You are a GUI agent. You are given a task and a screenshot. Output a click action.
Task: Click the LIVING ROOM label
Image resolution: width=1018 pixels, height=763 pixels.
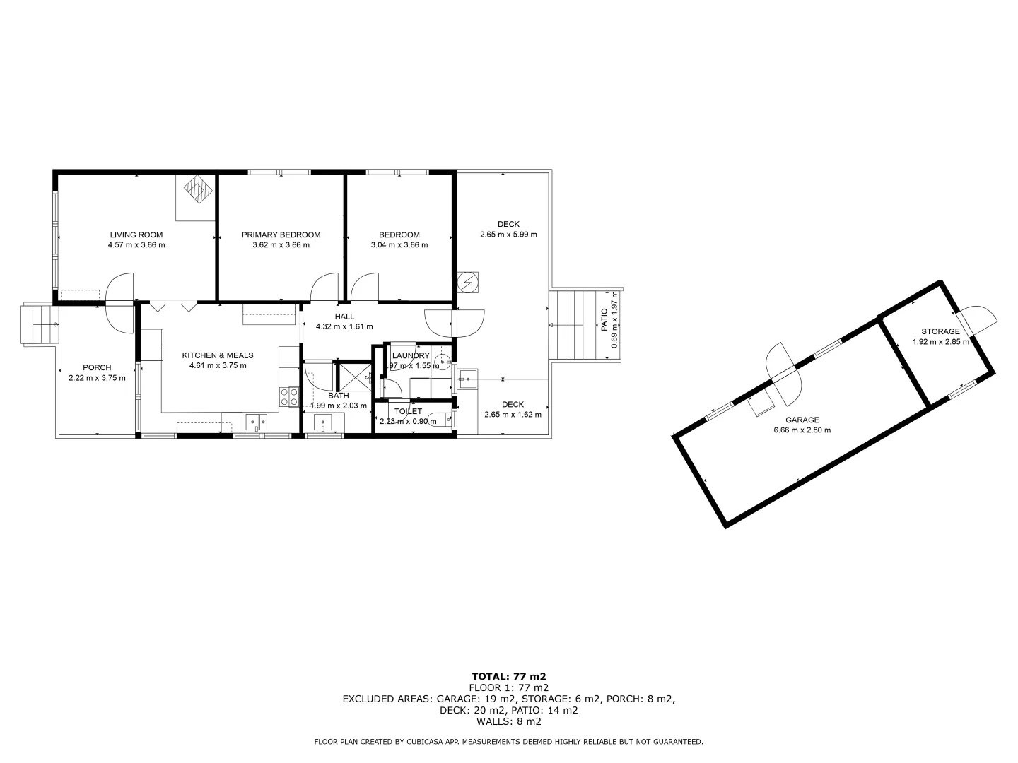click(x=136, y=235)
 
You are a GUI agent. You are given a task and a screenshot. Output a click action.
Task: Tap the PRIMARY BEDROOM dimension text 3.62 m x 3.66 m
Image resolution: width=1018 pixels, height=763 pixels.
click(x=281, y=245)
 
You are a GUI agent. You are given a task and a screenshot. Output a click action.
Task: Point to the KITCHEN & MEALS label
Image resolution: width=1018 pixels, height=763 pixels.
click(x=218, y=355)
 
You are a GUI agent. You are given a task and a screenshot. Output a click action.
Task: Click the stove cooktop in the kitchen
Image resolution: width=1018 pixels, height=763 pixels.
click(x=288, y=396)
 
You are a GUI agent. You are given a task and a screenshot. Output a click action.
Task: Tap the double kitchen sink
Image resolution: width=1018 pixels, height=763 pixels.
click(x=255, y=422)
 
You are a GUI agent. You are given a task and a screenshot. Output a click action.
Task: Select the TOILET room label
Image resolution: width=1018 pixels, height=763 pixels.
click(x=408, y=411)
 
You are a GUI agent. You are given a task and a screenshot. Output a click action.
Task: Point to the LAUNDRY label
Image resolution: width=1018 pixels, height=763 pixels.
click(x=411, y=355)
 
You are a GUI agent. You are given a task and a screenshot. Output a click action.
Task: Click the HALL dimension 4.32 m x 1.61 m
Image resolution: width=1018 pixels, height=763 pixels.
click(x=344, y=326)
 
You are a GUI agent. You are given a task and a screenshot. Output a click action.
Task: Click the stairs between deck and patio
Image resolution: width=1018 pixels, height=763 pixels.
click(x=571, y=326)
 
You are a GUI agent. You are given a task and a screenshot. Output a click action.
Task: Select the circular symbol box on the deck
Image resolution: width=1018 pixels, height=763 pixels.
click(x=468, y=283)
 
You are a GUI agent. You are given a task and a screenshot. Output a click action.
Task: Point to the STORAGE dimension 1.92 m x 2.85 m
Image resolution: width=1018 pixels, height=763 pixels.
click(x=940, y=342)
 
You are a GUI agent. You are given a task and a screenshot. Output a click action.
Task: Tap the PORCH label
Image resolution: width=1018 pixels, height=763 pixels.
click(x=97, y=367)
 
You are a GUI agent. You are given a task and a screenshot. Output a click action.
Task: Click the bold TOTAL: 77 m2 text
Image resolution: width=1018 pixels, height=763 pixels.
click(x=508, y=676)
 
